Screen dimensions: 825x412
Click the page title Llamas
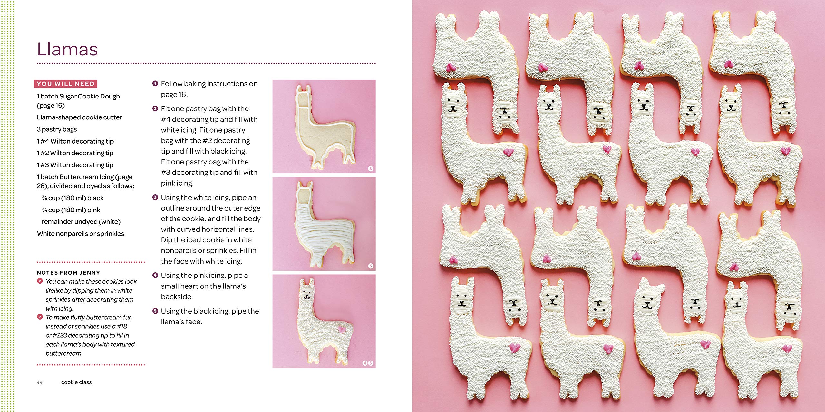click(67, 49)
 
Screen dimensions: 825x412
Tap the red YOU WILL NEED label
click(65, 84)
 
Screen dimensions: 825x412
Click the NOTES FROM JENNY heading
click(68, 273)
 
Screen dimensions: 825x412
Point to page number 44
click(40, 382)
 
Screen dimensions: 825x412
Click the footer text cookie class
click(76, 382)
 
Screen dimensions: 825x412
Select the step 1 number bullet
click(155, 84)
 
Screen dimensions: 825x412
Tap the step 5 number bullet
click(155, 311)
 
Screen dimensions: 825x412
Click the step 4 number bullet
click(155, 275)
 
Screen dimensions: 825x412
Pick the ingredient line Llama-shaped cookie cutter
click(80, 117)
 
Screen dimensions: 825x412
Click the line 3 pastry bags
click(57, 129)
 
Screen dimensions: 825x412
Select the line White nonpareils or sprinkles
click(81, 234)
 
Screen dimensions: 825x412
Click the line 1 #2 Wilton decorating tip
click(75, 153)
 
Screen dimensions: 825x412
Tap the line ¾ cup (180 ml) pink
click(71, 210)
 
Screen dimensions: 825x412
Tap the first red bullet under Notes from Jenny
click(40, 281)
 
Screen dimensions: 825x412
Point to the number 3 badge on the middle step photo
click(371, 266)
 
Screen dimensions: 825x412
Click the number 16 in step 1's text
click(182, 95)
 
